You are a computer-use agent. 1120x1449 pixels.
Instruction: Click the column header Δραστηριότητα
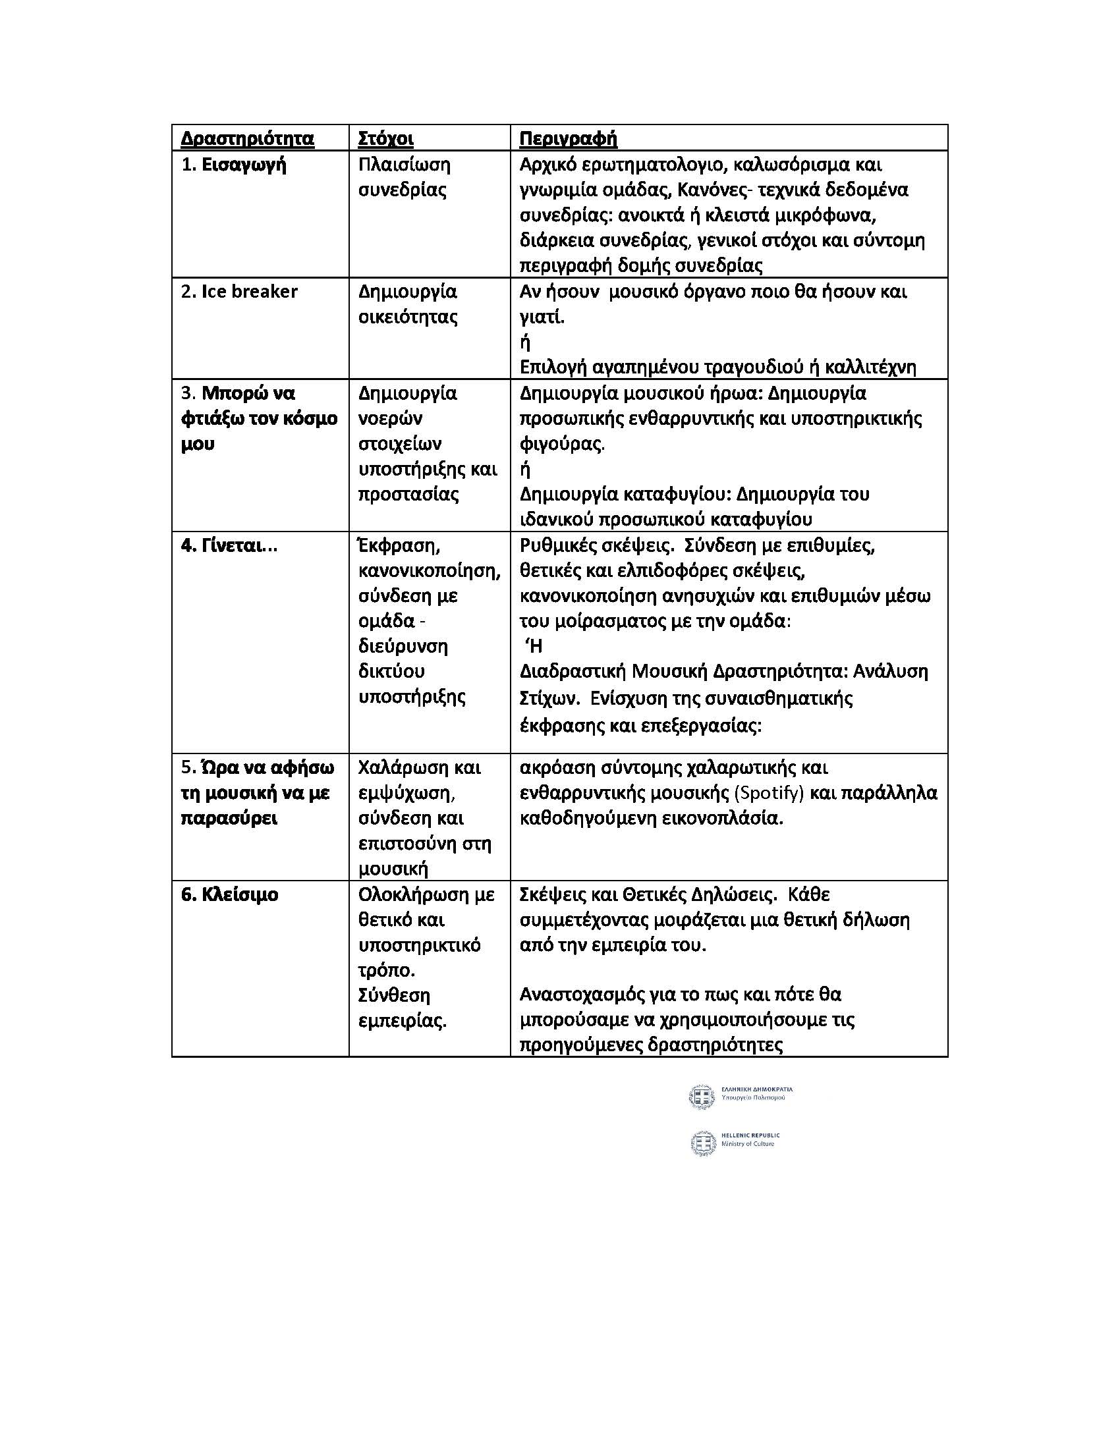coord(248,139)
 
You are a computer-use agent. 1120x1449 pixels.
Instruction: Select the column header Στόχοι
coord(385,139)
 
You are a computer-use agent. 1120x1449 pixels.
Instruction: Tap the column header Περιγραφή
coord(568,139)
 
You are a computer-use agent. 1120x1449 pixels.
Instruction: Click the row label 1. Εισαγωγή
coord(234,165)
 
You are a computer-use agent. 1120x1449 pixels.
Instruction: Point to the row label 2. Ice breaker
coord(239,291)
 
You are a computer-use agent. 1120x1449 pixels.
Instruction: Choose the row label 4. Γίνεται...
coord(229,545)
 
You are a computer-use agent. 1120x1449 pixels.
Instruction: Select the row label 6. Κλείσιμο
coord(229,894)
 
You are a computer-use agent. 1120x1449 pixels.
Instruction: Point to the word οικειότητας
coord(408,316)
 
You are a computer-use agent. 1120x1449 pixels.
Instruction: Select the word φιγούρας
coord(562,444)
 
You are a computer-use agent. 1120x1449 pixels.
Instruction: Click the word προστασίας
coord(408,494)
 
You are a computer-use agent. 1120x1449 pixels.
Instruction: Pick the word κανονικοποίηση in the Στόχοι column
coord(430,570)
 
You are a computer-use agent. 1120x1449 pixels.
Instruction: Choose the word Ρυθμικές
coord(559,545)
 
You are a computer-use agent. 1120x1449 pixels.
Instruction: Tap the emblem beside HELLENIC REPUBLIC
coord(703,1143)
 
